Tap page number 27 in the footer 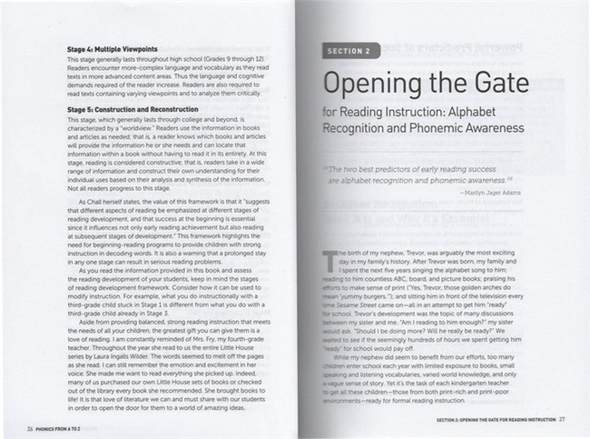(562, 419)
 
